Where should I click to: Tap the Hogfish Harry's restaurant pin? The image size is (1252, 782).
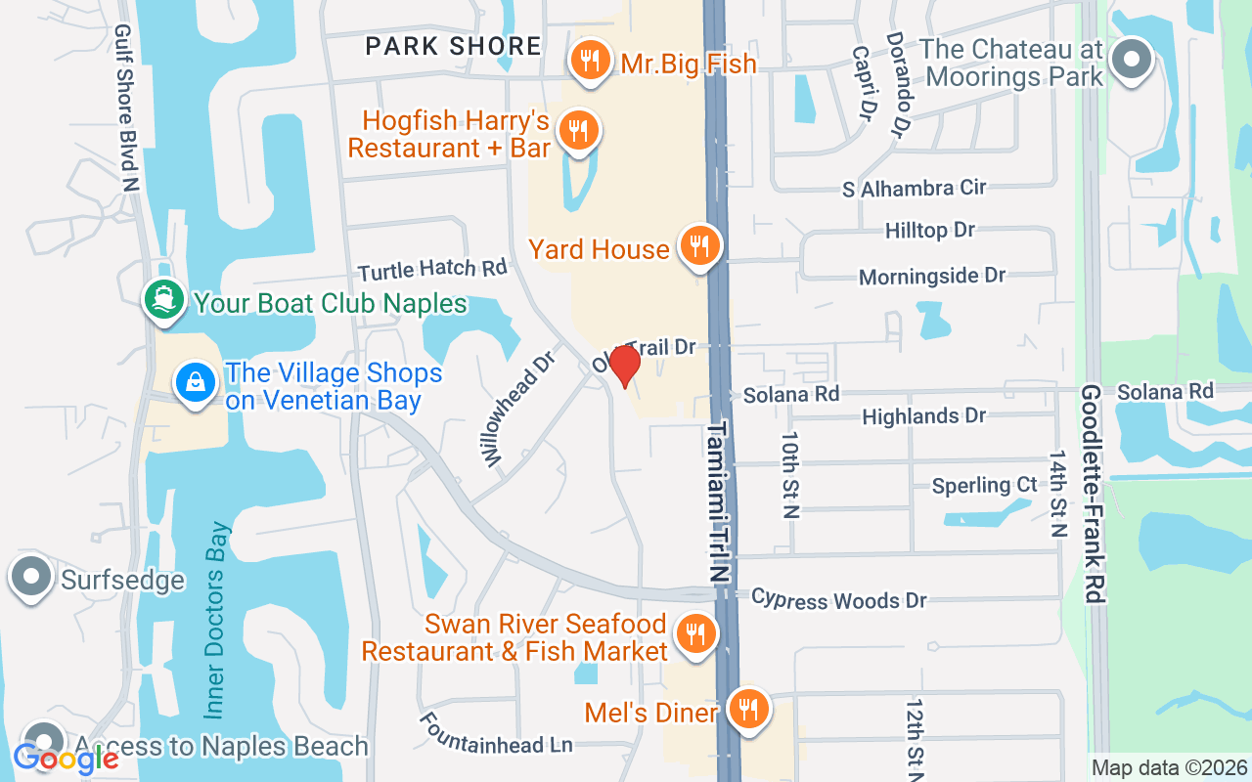pos(578,130)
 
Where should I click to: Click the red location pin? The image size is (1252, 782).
pos(624,366)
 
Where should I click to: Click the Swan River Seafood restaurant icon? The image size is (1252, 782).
pos(695,632)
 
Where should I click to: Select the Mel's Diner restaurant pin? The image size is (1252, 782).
pos(748,710)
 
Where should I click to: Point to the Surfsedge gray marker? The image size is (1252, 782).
pos(31,577)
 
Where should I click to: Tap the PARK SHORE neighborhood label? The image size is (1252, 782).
pos(453,46)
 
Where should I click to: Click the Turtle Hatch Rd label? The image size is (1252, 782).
pos(432,268)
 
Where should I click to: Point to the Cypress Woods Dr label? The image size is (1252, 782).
pos(838,599)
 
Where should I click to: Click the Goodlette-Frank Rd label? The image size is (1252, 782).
pos(1093,494)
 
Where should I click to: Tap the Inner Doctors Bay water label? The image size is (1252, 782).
pos(218,621)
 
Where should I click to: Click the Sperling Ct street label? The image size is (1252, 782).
pos(984,485)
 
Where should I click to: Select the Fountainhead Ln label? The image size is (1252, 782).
pos(496,734)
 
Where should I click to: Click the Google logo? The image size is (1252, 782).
pos(66,758)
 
